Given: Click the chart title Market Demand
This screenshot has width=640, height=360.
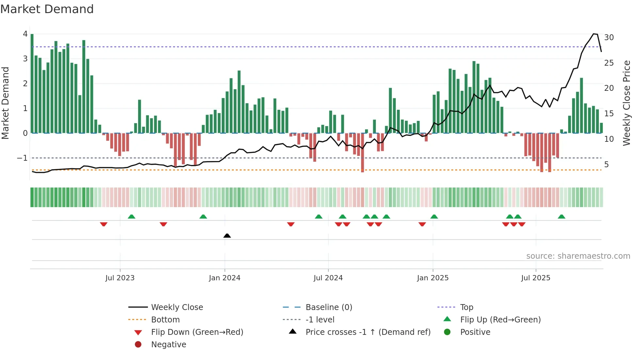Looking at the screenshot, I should click(x=47, y=9).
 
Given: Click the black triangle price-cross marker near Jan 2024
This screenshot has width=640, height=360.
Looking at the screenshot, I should click(x=227, y=236).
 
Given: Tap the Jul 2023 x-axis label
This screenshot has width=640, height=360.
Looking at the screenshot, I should click(x=120, y=278).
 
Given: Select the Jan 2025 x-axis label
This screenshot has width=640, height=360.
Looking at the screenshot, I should click(x=433, y=278).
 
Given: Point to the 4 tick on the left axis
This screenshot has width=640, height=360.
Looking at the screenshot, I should click(x=25, y=34).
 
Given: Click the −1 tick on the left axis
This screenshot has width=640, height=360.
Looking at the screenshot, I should click(x=22, y=158).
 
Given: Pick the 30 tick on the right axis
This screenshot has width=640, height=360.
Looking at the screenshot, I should click(x=609, y=37).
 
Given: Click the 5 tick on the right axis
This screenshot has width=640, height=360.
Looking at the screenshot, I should click(x=606, y=164).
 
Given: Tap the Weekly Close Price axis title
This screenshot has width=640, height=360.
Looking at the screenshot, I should click(x=626, y=103).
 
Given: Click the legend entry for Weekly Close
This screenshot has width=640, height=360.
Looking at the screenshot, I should click(x=177, y=307).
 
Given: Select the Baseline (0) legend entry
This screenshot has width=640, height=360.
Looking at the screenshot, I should click(x=328, y=307).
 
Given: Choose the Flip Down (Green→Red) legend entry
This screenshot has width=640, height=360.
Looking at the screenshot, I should click(x=197, y=332).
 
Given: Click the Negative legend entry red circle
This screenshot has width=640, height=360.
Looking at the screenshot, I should click(x=138, y=344).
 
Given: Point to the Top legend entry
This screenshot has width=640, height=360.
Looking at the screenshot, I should click(x=466, y=307).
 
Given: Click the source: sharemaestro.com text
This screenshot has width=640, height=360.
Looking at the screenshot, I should click(x=578, y=256).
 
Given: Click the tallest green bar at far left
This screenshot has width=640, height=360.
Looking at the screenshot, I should click(x=32, y=82).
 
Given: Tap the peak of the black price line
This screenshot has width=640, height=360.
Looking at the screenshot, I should click(x=594, y=34).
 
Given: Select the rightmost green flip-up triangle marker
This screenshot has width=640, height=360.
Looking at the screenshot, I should click(x=561, y=217).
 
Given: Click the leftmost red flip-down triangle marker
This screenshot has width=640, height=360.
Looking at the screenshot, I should click(x=104, y=224).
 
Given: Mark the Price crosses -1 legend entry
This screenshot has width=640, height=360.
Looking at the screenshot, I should click(x=368, y=332).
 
